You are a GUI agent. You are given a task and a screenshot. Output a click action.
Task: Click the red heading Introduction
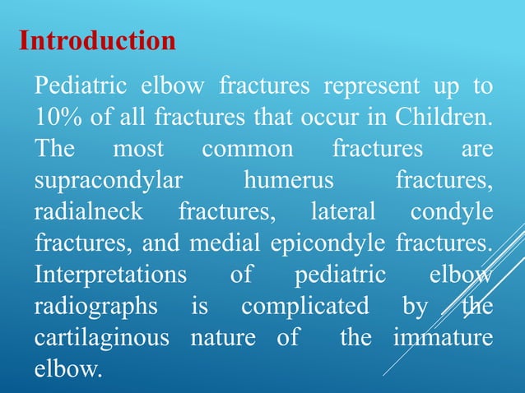point(97,40)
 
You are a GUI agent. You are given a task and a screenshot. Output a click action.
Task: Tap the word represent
point(364,86)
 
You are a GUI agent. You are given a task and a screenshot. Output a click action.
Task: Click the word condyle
point(452,212)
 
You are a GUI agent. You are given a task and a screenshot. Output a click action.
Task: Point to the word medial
point(219,243)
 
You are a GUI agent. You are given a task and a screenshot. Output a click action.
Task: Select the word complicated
point(304,306)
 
